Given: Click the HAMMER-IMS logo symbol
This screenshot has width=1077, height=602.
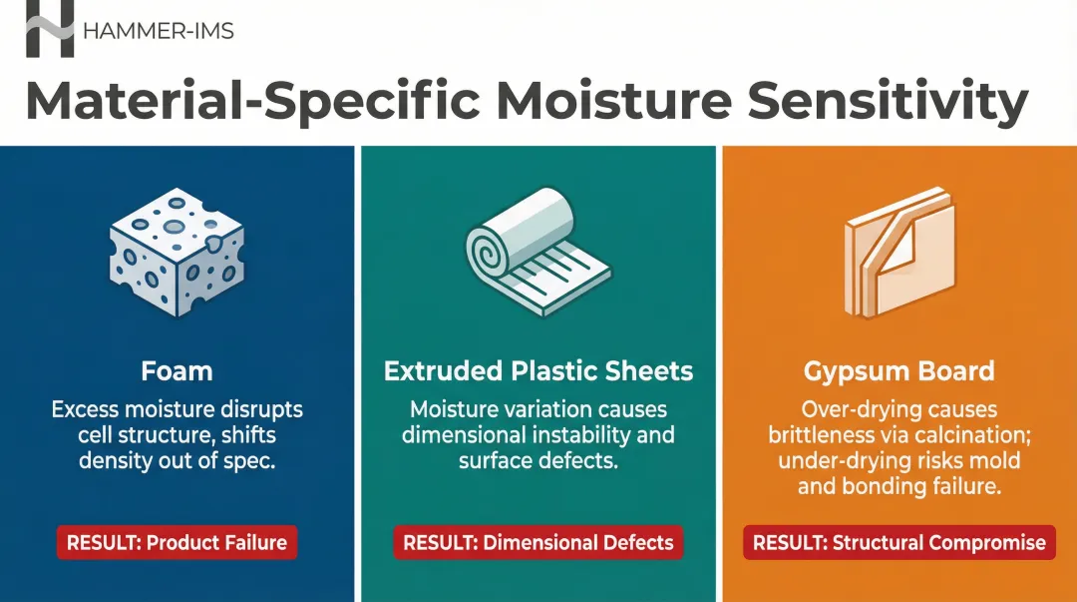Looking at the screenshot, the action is point(50,29).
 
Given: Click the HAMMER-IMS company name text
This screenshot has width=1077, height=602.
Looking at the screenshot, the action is point(158,31).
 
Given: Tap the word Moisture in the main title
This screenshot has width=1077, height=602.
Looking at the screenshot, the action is point(614,101).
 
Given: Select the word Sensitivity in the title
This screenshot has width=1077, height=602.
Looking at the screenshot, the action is point(888,102).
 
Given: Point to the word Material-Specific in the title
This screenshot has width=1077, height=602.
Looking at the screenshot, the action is point(253,102).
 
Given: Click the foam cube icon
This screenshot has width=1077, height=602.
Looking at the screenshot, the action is point(177,252).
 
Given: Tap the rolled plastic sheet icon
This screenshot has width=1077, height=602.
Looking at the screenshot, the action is point(538,252).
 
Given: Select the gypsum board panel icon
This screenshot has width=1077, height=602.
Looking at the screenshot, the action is point(899,252).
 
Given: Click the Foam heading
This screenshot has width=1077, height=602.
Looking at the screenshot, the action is point(177,371).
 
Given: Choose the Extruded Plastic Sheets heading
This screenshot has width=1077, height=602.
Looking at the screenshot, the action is point(538,371).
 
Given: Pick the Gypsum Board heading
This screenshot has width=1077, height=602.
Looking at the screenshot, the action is point(899,372).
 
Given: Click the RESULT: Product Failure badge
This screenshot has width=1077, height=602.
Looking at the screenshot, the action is point(177,542).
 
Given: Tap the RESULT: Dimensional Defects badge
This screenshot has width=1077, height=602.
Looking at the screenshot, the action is point(538,542).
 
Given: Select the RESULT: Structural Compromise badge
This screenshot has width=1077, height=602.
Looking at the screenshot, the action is point(899,542).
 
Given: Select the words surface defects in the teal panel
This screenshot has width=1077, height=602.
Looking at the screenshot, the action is point(538,461).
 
